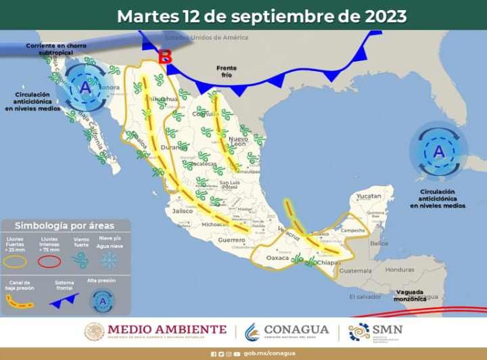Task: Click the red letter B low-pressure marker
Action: click(164, 58)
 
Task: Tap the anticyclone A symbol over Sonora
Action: click(85, 88)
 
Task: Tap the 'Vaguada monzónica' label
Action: click(411, 295)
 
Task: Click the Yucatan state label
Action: click(369, 196)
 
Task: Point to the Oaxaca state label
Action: click(277, 258)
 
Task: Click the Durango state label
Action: click(174, 146)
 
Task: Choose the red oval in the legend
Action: click(49, 261)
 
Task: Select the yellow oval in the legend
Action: click(17, 261)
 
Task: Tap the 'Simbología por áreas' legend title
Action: click(65, 225)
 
